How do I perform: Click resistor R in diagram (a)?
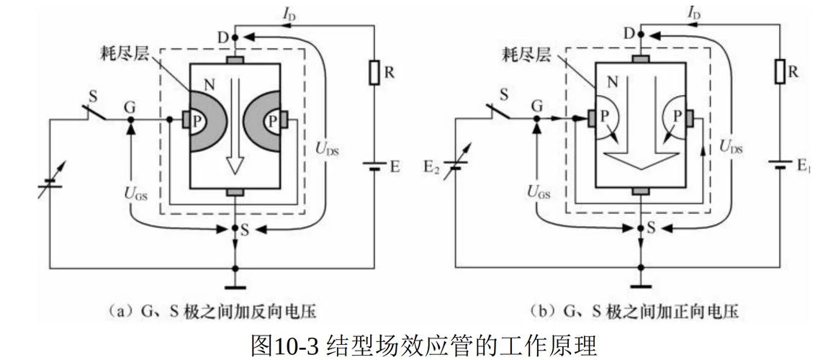pos(374,73)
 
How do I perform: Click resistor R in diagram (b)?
pos(780,72)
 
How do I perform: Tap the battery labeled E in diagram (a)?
pos(374,166)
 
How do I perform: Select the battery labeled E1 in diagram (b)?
pos(780,165)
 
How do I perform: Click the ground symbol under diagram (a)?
pos(235,288)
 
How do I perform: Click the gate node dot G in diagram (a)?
pos(131,120)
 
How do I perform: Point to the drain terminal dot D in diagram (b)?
pos(641,35)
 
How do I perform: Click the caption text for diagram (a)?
pos(212,312)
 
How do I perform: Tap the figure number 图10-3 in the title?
pos(285,346)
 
